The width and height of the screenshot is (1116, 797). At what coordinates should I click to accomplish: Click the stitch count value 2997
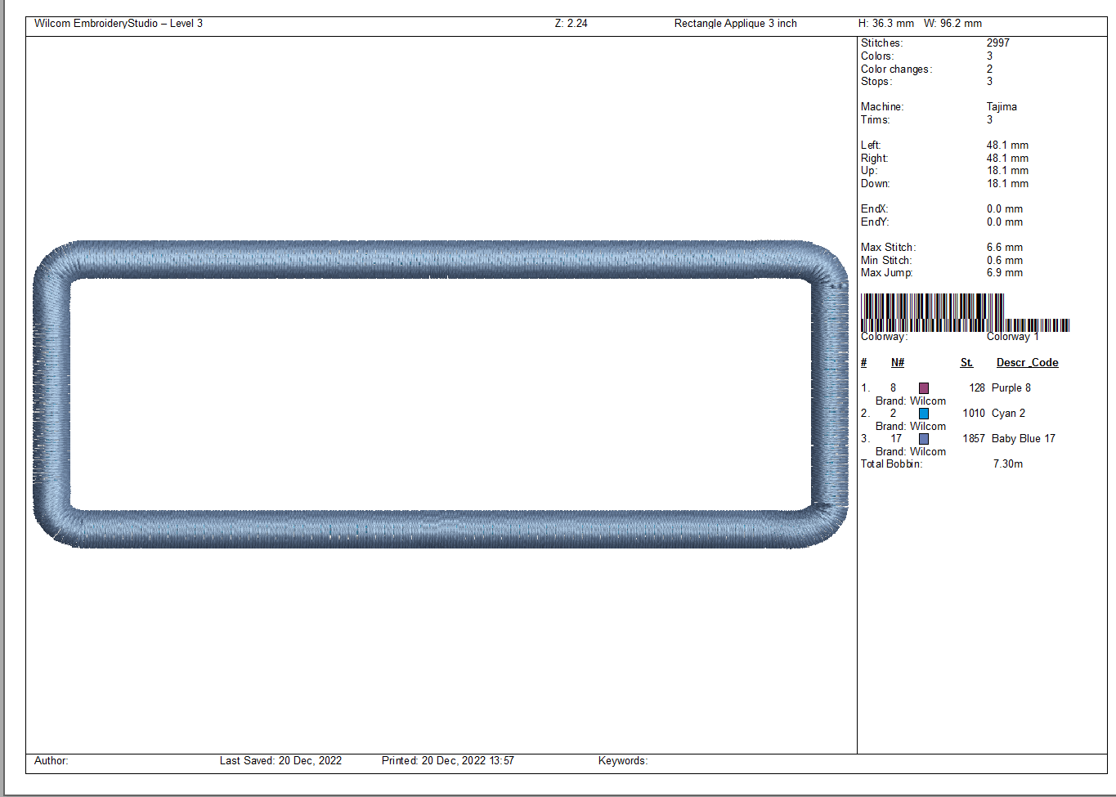[x=998, y=43]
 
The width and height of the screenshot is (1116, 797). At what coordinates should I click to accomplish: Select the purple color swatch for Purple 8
[x=924, y=388]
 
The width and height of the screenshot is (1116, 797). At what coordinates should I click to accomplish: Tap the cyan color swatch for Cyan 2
[x=924, y=414]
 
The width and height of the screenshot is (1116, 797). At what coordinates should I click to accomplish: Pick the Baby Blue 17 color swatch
[x=924, y=439]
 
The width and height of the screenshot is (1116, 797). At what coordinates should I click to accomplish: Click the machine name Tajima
[x=1002, y=106]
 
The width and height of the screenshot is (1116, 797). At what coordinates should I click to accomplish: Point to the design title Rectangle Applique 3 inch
[x=735, y=24]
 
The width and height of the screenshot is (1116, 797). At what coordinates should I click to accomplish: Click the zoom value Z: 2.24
[x=571, y=24]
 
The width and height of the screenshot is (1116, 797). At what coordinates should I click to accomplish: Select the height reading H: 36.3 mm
[x=885, y=24]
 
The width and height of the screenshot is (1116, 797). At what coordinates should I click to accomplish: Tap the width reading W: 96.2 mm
[x=952, y=24]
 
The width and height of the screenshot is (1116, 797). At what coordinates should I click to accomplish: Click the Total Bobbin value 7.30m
[x=1008, y=463]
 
